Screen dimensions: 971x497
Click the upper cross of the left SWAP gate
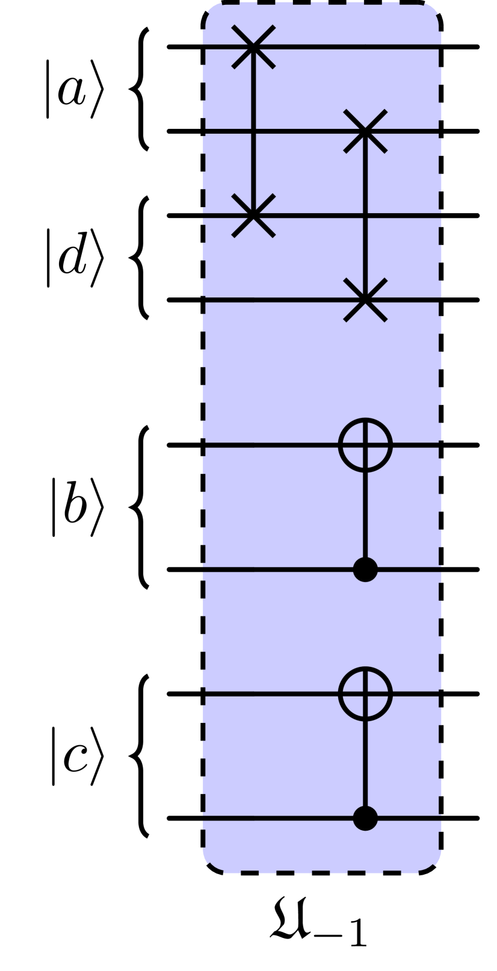pyautogui.click(x=253, y=47)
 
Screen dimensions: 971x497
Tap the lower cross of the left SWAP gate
pyautogui.click(x=253, y=215)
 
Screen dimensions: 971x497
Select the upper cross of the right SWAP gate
pyautogui.click(x=365, y=131)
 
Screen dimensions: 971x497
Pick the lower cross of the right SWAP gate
pyautogui.click(x=365, y=299)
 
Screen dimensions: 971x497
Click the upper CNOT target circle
pyautogui.click(x=365, y=445)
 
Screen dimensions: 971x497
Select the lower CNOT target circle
pyautogui.click(x=365, y=693)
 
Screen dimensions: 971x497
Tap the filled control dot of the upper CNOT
pyautogui.click(x=365, y=569)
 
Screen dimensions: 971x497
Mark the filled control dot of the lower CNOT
pyautogui.click(x=365, y=818)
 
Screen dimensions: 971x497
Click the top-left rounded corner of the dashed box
pyautogui.click(x=211, y=12)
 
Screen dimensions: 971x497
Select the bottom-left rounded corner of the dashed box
pyautogui.click(x=211, y=863)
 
